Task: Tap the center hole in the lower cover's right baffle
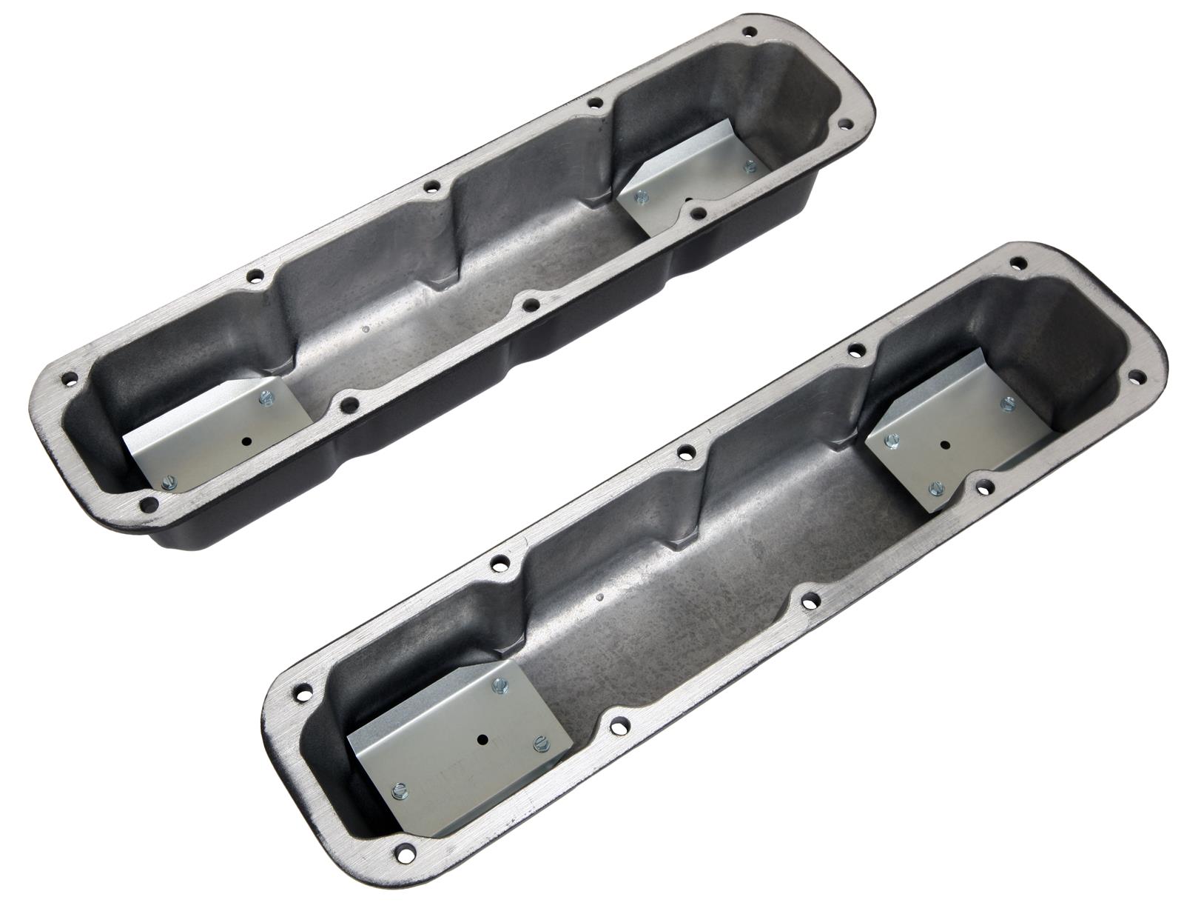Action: pos(946,446)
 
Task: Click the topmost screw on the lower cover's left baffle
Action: pos(500,685)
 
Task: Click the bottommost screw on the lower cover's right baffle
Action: pos(936,487)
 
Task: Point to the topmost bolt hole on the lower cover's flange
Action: pos(1017,262)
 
